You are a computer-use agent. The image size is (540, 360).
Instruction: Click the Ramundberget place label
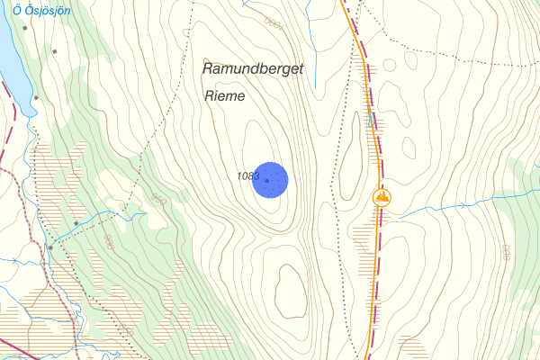click(253, 69)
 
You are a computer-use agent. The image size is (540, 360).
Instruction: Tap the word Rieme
click(225, 95)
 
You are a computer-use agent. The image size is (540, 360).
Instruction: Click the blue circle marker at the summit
click(269, 180)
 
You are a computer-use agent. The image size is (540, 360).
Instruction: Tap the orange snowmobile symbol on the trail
click(383, 195)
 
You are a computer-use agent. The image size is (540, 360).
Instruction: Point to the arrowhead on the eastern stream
click(464, 206)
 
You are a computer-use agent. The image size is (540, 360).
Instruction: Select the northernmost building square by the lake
click(26, 27)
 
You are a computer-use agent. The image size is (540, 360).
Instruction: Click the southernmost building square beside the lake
click(36, 97)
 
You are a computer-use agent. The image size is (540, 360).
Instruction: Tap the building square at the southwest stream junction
click(51, 247)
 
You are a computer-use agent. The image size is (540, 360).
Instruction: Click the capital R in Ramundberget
click(208, 69)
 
